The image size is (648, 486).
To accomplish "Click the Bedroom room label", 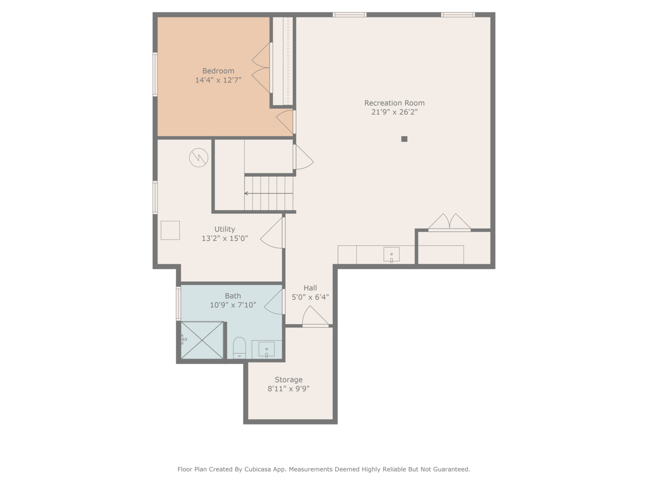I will tap(218, 71).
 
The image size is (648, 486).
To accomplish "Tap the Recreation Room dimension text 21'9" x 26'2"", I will tap(394, 112).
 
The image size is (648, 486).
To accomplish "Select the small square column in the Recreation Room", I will tap(404, 139).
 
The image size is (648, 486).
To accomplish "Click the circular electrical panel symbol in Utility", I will tap(198, 158).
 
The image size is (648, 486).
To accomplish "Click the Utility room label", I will tap(225, 229).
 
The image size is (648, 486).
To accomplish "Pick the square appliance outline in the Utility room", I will tap(170, 230).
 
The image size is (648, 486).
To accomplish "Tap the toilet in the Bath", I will tap(239, 348).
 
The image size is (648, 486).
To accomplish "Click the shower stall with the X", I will tap(202, 340).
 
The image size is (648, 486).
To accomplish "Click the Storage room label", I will tap(288, 379).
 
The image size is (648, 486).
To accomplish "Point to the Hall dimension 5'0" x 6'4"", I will tap(310, 297).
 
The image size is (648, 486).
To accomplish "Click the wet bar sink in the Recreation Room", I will tap(391, 255).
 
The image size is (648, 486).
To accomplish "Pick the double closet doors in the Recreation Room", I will tap(449, 223).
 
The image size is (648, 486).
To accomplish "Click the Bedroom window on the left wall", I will tap(155, 74).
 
